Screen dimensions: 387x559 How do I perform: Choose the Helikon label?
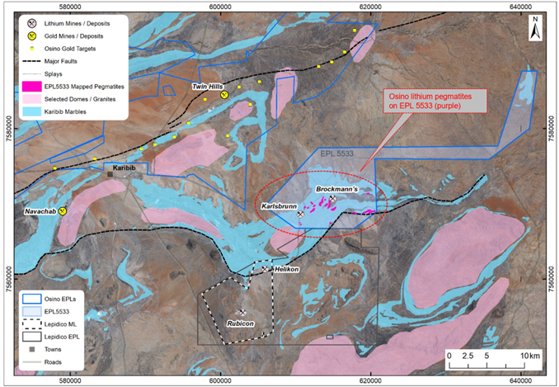[x=288, y=271]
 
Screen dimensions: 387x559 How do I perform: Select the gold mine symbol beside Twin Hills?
[x=223, y=96]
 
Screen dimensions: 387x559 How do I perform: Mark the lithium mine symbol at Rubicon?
[x=243, y=311]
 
